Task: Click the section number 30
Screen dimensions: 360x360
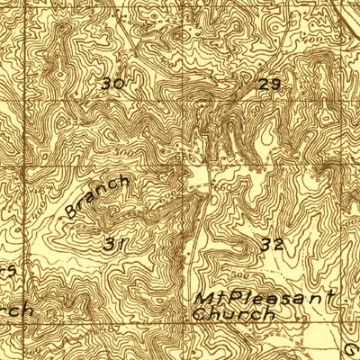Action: click(112, 84)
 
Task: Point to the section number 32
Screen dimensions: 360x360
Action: click(272, 244)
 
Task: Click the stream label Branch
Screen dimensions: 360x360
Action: click(97, 198)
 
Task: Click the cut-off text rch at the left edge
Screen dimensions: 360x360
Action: click(16, 310)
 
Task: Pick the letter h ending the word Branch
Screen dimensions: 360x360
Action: click(123, 182)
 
